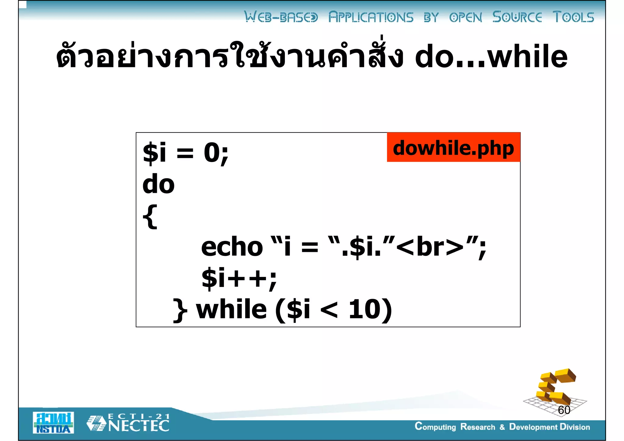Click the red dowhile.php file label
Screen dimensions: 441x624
coord(453,147)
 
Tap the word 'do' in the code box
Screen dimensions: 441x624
coord(158,184)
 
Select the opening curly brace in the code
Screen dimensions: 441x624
coord(150,217)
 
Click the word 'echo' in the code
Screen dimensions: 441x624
coord(232,247)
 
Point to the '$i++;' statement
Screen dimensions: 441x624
coord(239,278)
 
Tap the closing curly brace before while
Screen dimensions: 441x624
coord(180,310)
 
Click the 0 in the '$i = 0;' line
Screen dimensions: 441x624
coord(211,153)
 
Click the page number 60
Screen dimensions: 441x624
coord(564,410)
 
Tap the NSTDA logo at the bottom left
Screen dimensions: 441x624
coord(53,423)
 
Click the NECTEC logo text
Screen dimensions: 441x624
coord(139,425)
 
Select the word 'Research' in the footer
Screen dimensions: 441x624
coord(477,427)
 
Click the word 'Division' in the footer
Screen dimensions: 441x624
coord(575,427)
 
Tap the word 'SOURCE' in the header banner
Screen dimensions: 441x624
coord(517,17)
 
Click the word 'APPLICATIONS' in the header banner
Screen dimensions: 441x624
coord(371,17)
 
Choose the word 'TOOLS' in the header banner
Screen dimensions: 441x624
coord(573,17)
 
